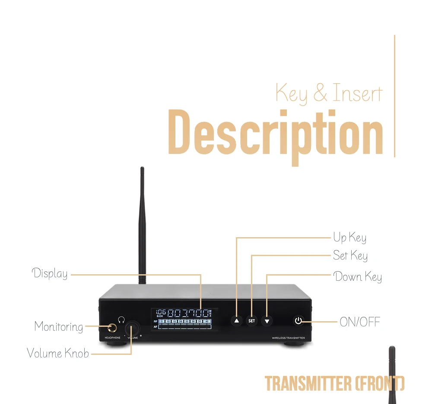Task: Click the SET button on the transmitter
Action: tap(251, 321)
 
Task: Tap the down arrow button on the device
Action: tap(267, 321)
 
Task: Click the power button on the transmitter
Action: tap(299, 321)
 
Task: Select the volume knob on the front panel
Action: tap(133, 329)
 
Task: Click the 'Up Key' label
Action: tap(349, 238)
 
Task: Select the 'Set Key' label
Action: tap(350, 256)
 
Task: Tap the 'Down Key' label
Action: tap(358, 276)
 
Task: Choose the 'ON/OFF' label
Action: tap(360, 322)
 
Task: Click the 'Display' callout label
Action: tap(50, 274)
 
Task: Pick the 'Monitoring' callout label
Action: tap(59, 327)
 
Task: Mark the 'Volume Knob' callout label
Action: tap(58, 353)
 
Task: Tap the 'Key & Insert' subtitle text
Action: tap(329, 93)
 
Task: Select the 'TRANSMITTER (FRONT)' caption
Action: tap(334, 383)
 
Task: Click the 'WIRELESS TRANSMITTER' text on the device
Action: tap(288, 338)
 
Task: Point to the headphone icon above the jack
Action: tap(121, 319)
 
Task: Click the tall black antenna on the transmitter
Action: tap(142, 224)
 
